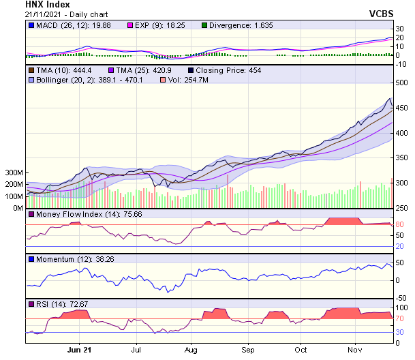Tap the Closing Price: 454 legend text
(x=229, y=70)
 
